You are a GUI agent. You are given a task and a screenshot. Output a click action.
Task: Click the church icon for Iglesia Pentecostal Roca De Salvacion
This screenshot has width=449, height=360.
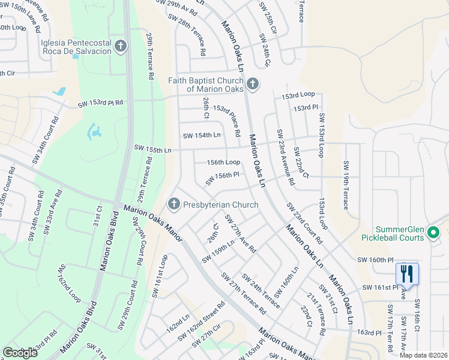click(x=121, y=46)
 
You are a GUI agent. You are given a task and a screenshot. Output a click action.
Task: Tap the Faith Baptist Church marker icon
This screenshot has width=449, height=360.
click(x=253, y=84)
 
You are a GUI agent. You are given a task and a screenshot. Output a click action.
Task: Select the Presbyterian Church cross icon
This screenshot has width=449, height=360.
click(x=173, y=205)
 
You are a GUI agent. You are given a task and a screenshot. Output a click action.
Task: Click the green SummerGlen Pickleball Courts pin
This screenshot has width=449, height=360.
click(x=435, y=232)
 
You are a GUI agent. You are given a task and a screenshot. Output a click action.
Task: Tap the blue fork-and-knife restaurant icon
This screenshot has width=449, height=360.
click(x=407, y=274)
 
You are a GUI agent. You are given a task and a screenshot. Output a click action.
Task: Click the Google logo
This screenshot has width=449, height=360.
click(x=20, y=353)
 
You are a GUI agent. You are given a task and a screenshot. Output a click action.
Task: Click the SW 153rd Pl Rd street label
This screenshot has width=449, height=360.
click(x=100, y=103)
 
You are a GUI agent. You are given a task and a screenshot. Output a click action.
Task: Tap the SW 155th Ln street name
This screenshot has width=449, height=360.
click(x=152, y=148)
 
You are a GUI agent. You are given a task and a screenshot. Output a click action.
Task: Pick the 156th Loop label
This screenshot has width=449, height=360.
click(x=223, y=163)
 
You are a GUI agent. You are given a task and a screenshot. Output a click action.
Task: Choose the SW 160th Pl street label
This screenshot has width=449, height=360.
click(x=375, y=260)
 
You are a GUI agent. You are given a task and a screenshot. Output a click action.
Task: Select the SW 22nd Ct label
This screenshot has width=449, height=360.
click(x=301, y=163)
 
